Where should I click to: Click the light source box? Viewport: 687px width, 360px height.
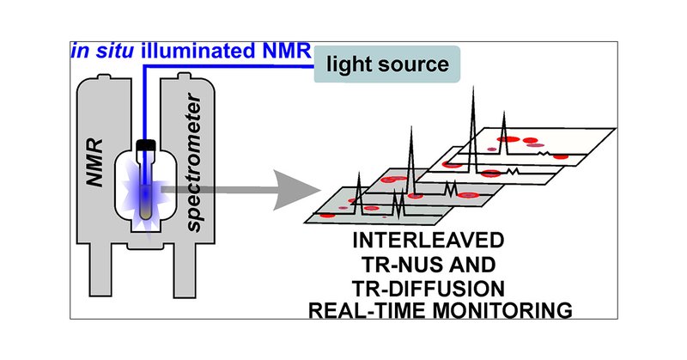click(x=387, y=64)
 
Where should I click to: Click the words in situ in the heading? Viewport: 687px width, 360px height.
click(x=102, y=52)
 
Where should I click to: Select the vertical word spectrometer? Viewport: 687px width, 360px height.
click(x=193, y=162)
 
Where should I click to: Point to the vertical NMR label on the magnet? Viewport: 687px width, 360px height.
click(x=95, y=163)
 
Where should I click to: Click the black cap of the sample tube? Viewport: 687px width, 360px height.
click(x=146, y=144)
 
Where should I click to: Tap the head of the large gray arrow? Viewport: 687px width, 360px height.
click(x=298, y=190)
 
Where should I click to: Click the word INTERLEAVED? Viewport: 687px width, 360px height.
click(x=429, y=241)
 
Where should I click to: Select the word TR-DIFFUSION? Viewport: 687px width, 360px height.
click(x=429, y=289)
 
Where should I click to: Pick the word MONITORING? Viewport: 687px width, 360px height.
click(x=502, y=310)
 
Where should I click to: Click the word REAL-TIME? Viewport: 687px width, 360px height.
click(x=368, y=310)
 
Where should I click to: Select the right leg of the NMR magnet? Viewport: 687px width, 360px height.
click(x=185, y=270)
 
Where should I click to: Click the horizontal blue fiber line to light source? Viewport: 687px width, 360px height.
click(x=228, y=67)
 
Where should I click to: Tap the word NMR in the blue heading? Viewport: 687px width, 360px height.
click(x=286, y=52)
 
